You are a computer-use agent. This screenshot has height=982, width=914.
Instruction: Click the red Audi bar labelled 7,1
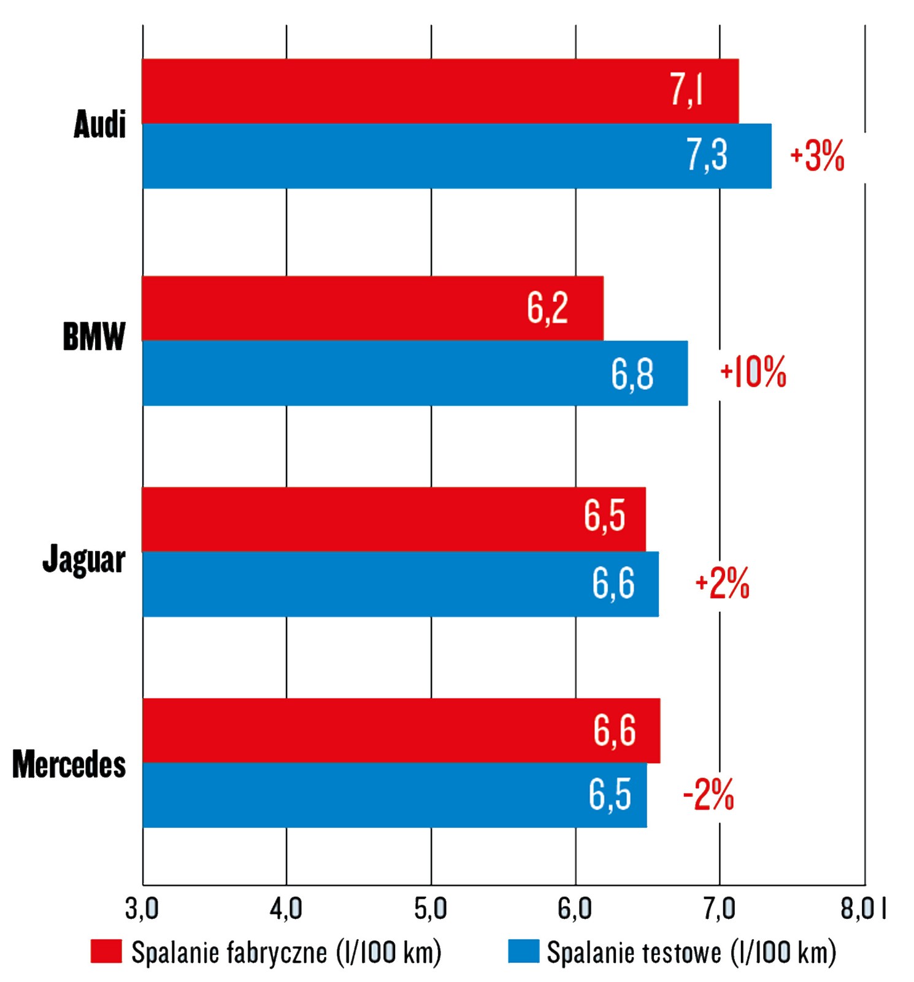coord(439,91)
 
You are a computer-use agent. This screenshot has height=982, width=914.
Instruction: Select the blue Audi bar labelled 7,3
coord(456,156)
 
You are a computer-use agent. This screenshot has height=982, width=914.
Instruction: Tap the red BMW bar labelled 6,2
coord(372,308)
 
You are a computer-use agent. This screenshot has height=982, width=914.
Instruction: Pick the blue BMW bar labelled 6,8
coord(415,373)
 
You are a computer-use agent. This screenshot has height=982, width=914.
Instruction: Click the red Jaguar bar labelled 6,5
coord(393,519)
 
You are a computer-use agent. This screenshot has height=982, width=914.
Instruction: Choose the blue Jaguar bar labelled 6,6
coord(400,584)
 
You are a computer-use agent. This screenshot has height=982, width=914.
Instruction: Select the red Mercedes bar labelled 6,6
coord(401,730)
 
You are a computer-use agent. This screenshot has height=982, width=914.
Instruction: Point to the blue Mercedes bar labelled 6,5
coord(394,795)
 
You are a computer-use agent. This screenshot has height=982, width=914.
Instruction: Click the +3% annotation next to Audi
coord(817,156)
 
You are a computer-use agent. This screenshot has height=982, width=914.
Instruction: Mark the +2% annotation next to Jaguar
coord(722,583)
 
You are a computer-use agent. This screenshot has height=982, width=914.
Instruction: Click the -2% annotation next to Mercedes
coord(709,795)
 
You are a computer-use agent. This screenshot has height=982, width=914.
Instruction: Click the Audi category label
coord(99,125)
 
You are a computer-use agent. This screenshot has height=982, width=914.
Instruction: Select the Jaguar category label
coord(84,560)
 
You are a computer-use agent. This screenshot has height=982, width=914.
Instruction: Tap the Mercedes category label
coord(69,764)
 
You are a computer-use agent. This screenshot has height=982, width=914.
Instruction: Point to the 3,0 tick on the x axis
coord(142,909)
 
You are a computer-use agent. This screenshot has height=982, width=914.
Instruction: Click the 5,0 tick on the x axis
coord(431,909)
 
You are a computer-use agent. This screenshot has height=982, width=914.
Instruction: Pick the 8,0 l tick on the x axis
coord(862,909)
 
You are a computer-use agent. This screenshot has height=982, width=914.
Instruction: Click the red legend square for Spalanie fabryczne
coord(106,951)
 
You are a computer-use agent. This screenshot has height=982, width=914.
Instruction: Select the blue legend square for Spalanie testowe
coord(523,951)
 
